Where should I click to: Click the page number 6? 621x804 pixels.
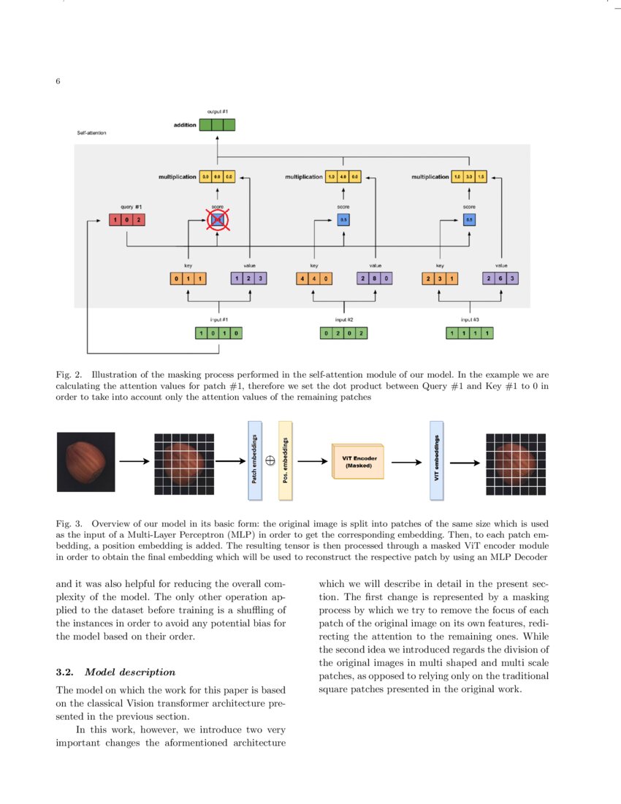58,81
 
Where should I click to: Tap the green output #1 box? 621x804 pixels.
217,125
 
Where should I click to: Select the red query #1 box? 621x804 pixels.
127,220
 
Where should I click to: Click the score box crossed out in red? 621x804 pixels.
217,219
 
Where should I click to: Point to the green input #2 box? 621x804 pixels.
343,333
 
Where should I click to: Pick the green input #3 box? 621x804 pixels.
469,333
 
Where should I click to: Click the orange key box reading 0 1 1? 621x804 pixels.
188,278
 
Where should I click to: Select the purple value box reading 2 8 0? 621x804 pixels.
375,278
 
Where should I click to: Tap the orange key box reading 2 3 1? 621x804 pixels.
439,278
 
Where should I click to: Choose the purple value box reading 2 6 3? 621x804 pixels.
501,278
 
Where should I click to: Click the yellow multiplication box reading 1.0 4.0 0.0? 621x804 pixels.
343,177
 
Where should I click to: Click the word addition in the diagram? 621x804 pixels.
185,125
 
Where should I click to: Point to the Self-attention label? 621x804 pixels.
91,134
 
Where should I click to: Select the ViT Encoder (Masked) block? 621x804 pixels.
359,461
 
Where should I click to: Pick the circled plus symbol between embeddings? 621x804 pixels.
270,461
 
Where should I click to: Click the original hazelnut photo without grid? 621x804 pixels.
86,461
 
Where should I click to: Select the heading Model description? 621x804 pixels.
130,672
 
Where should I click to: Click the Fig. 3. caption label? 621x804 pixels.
70,523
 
